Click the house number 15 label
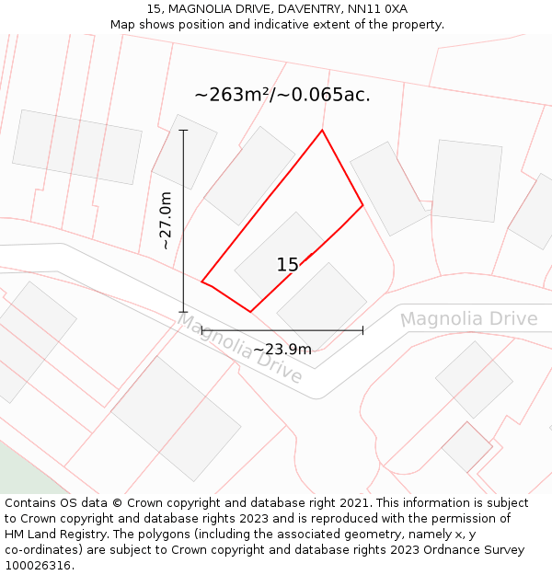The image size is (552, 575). click(287, 265)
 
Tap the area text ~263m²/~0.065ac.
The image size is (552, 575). click(282, 95)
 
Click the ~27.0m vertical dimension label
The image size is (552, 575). click(166, 220)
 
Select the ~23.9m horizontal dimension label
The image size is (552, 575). click(282, 349)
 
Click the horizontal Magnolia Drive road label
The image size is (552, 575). click(468, 319)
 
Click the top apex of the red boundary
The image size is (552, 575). click(322, 131)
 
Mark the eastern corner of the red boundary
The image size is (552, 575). click(362, 204)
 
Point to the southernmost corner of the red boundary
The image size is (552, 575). click(250, 311)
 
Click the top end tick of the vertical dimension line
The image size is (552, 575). click(183, 131)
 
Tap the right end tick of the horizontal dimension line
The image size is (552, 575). click(362, 329)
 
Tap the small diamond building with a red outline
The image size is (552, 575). click(467, 447)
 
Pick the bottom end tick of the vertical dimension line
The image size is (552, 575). click(183, 312)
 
